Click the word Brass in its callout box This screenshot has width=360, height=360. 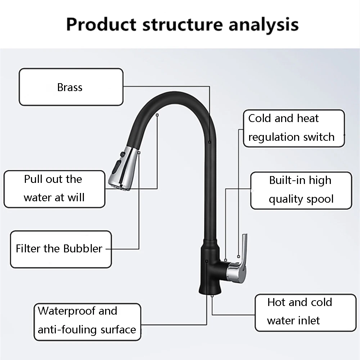click(70, 87)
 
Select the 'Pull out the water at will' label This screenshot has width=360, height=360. click(54, 188)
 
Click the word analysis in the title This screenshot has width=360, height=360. click(264, 25)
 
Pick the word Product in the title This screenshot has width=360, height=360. click(101, 25)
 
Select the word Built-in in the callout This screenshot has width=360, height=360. click(285, 180)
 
